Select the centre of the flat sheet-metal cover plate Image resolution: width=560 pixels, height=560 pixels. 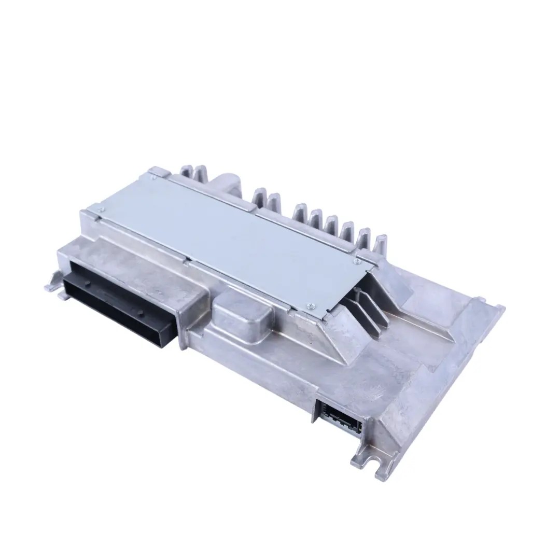coord(233,239)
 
